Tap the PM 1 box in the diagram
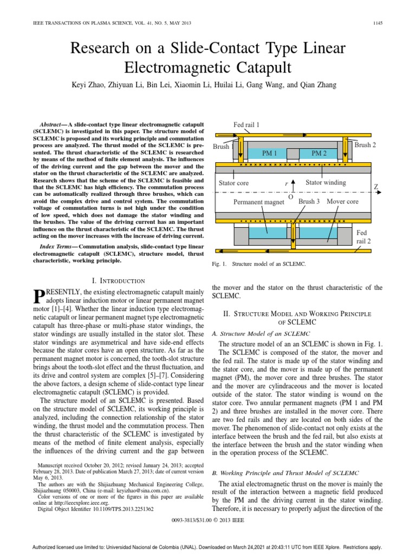click(x=269, y=154)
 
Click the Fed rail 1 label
click(x=246, y=124)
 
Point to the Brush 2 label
click(x=365, y=145)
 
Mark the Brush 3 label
click(x=309, y=201)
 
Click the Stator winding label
click(x=326, y=183)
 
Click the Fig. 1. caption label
click(x=222, y=264)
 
